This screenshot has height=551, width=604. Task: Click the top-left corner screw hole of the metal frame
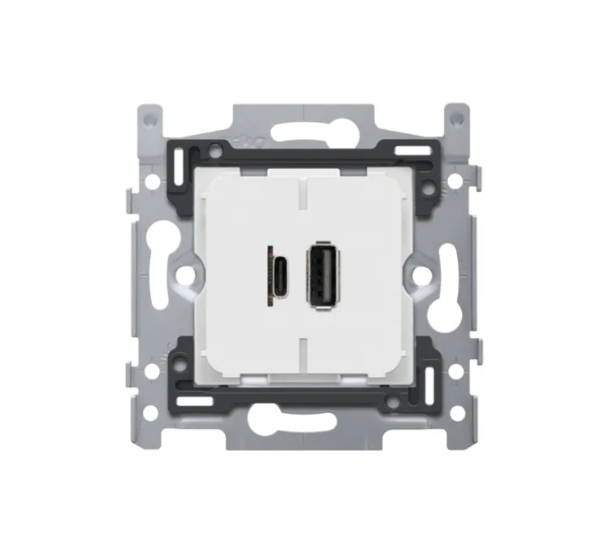click(149, 117)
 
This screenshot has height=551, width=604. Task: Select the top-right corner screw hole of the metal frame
click(457, 117)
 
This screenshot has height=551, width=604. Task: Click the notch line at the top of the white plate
click(302, 193)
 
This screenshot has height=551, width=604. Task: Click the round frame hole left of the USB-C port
click(187, 276)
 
